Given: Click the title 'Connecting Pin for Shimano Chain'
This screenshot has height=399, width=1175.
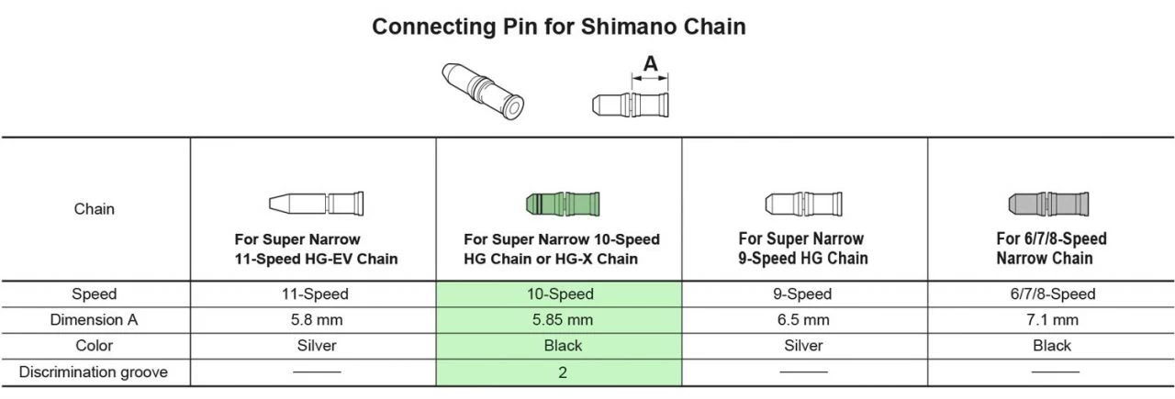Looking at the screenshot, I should (x=558, y=27).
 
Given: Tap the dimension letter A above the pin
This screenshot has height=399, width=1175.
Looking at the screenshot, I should (x=650, y=64).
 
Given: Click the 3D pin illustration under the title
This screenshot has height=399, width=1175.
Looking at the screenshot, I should (x=483, y=90).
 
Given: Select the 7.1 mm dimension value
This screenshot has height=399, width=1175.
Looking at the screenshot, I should (x=1051, y=320).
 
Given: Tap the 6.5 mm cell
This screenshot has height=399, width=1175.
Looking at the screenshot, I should (x=804, y=320).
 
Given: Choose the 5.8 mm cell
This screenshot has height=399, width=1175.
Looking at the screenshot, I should (x=317, y=320).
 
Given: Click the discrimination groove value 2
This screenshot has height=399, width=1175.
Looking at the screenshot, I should (x=562, y=372).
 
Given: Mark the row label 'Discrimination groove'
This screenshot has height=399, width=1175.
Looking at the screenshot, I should (x=94, y=372).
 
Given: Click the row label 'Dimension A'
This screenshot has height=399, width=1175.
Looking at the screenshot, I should (x=94, y=320).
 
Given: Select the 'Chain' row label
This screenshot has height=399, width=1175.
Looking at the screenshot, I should (x=94, y=209).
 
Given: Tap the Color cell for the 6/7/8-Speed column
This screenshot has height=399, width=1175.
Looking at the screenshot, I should (x=1051, y=346).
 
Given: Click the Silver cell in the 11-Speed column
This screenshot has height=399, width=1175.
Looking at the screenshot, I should (x=317, y=346).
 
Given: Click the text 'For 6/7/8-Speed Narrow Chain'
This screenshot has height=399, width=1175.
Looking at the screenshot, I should (x=1051, y=249).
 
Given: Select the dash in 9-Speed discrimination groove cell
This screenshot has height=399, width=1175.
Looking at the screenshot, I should (x=804, y=372).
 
